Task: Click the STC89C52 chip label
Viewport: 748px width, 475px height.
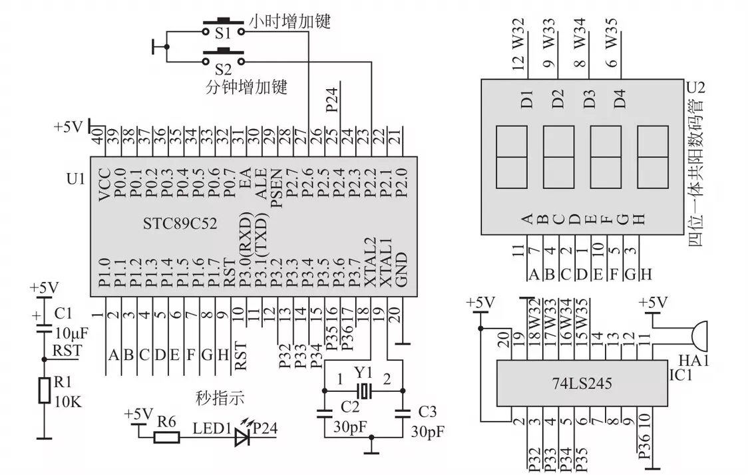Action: pos(180,222)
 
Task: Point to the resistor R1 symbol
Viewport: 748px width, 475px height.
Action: pos(44,390)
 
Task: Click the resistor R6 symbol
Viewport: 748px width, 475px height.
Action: pos(166,436)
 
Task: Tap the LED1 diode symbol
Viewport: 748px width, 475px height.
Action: pos(241,436)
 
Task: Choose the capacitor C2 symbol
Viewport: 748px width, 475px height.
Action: pos(324,413)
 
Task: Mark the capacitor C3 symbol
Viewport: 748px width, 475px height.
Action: pos(403,413)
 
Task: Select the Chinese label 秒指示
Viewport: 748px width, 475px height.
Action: pos(220,398)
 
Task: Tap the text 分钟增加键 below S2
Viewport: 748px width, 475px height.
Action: pos(246,86)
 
